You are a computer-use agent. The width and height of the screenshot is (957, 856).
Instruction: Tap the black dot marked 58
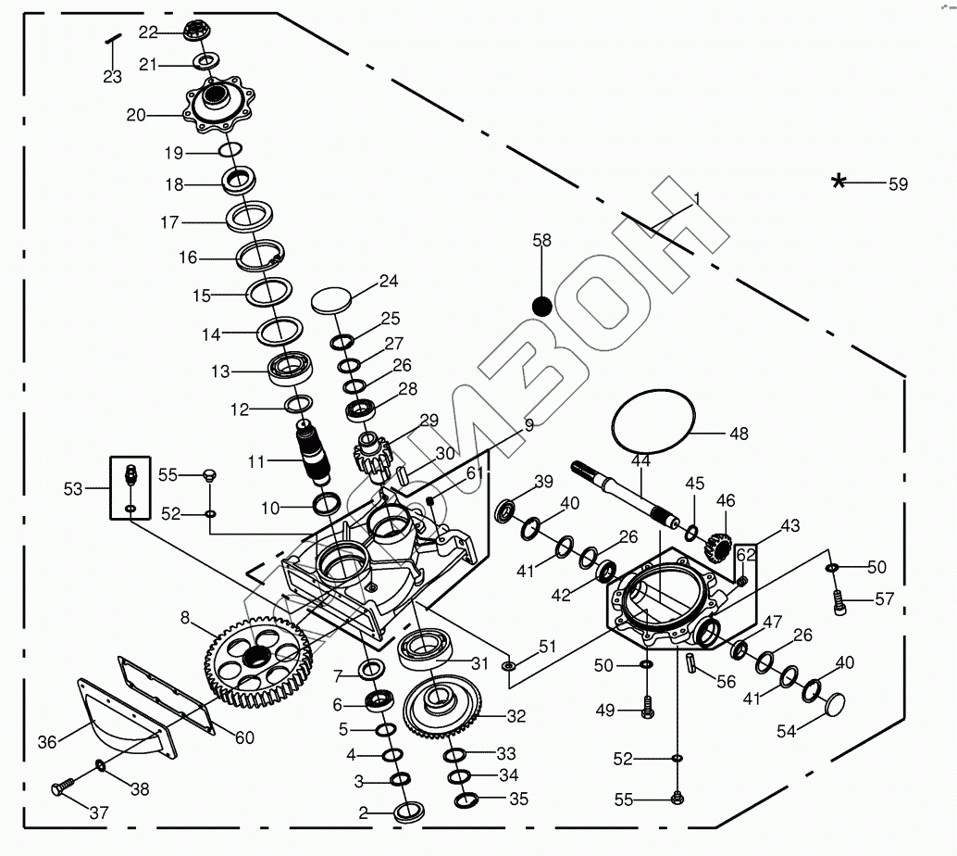click(x=542, y=305)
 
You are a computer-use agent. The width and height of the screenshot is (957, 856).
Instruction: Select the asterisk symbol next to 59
click(x=839, y=182)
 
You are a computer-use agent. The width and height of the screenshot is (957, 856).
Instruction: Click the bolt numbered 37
click(x=62, y=789)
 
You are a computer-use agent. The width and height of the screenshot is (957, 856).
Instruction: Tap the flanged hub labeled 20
click(x=217, y=105)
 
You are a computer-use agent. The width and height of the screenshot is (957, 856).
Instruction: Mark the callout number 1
click(x=697, y=197)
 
